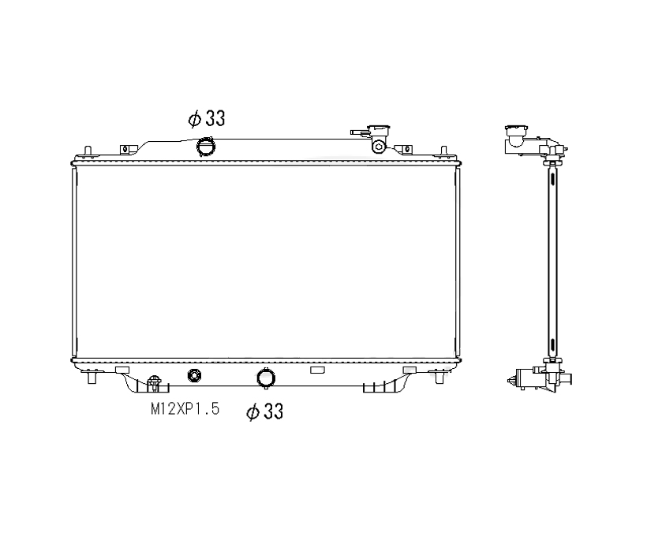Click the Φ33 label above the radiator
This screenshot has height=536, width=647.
click(207, 119)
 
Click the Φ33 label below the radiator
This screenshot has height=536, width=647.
click(265, 411)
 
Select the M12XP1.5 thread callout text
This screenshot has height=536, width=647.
click(185, 409)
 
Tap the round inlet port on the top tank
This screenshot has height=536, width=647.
click(206, 147)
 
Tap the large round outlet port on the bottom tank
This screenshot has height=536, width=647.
click(266, 378)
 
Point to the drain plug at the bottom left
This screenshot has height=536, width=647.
click(154, 383)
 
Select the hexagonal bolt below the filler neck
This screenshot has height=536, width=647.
click(380, 146)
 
